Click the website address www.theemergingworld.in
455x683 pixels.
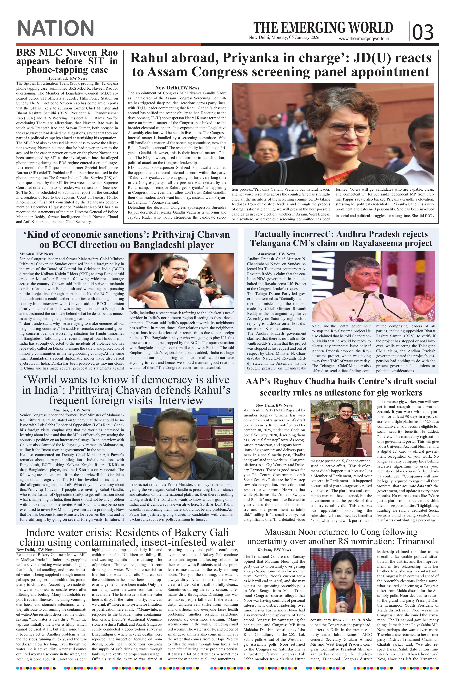[x=364, y=39]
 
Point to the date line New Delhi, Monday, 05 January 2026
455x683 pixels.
[x=284, y=37]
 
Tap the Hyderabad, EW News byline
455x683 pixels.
[x=67, y=78]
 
